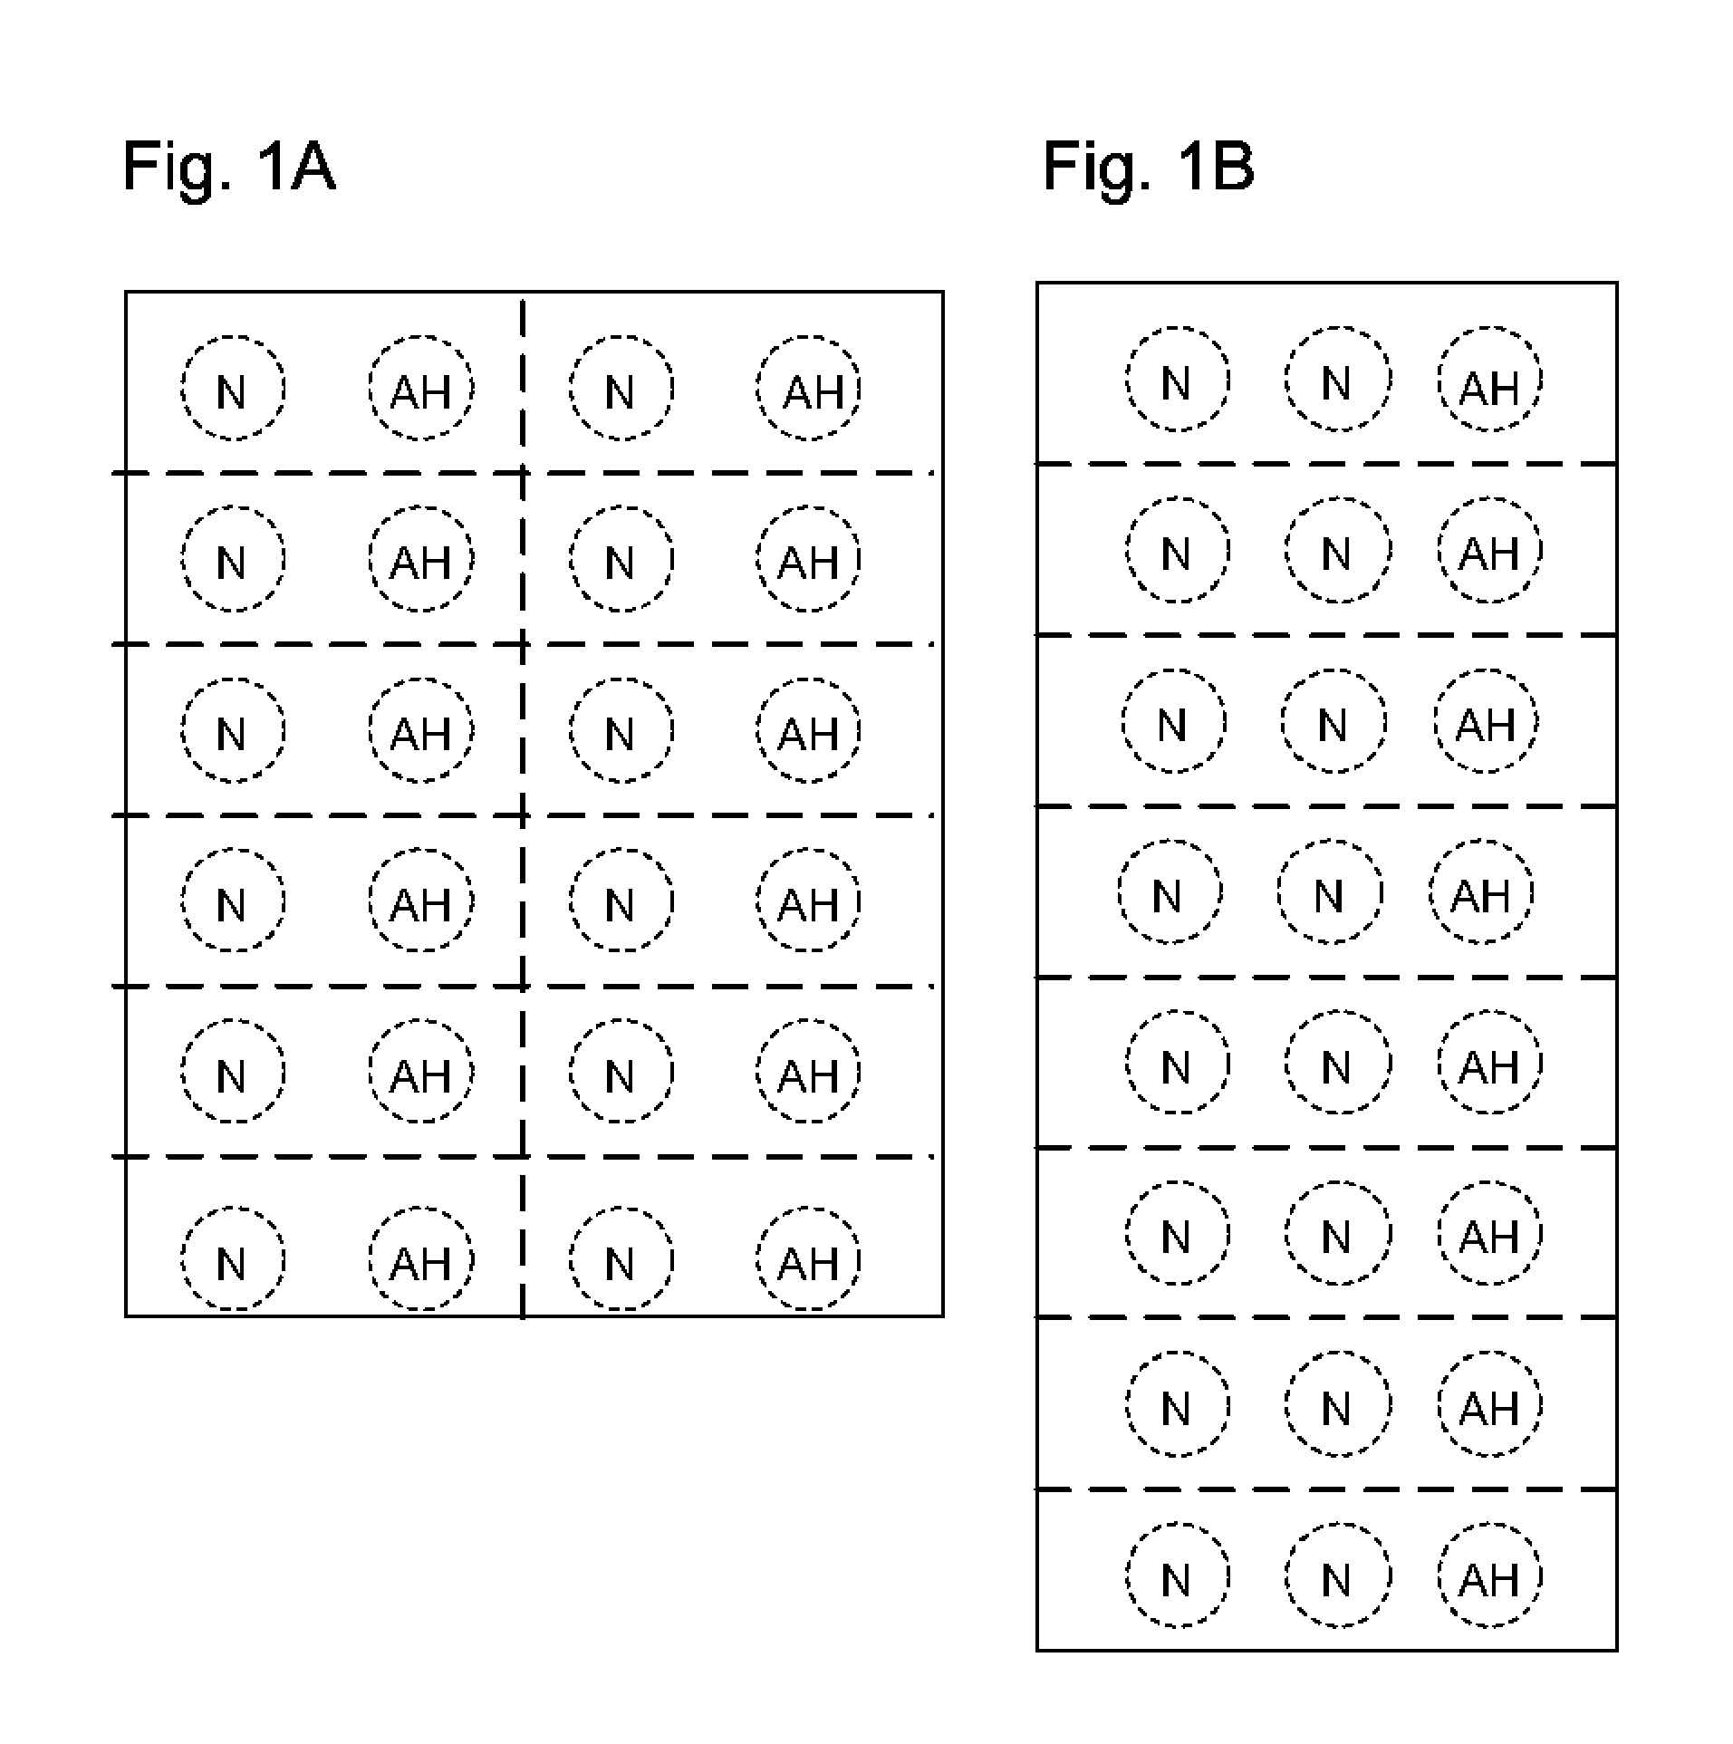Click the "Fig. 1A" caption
(228, 168)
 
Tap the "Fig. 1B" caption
(1148, 168)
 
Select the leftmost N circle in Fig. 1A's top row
(233, 389)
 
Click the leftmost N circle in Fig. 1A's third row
(233, 730)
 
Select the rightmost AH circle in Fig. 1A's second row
(808, 560)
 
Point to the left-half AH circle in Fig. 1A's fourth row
(421, 901)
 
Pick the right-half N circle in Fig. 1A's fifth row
(621, 1072)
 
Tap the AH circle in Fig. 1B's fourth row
(1482, 892)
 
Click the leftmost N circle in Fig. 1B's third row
(1173, 721)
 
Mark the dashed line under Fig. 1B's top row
(1326, 464)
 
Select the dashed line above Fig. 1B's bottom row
(1326, 1489)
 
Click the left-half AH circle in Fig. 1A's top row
(421, 389)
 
